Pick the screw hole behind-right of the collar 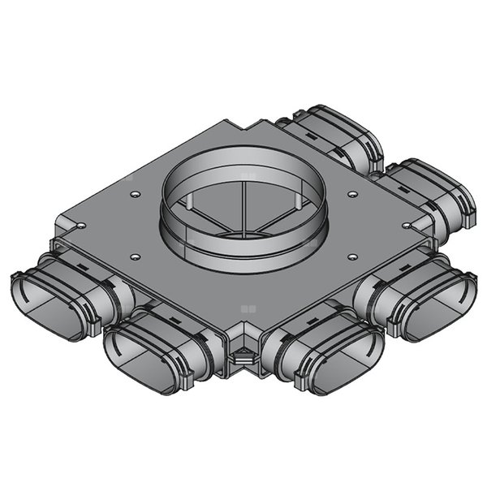click(353, 194)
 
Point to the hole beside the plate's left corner click(83, 225)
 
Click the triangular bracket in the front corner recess click(242, 354)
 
